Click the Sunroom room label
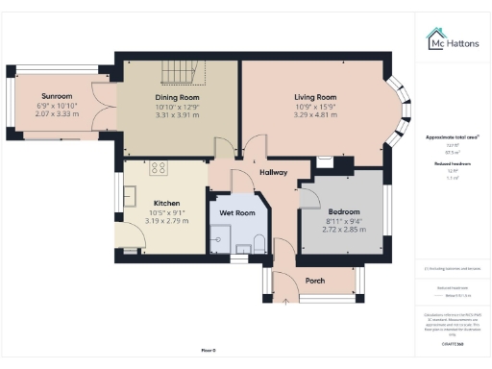click(x=55, y=96)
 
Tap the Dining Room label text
click(x=176, y=97)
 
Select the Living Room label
click(x=314, y=97)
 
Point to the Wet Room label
click(x=237, y=211)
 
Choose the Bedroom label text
click(x=343, y=211)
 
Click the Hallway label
click(x=274, y=172)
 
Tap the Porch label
click(x=314, y=281)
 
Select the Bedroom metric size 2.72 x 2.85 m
click(x=343, y=230)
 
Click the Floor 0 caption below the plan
click(x=209, y=351)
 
